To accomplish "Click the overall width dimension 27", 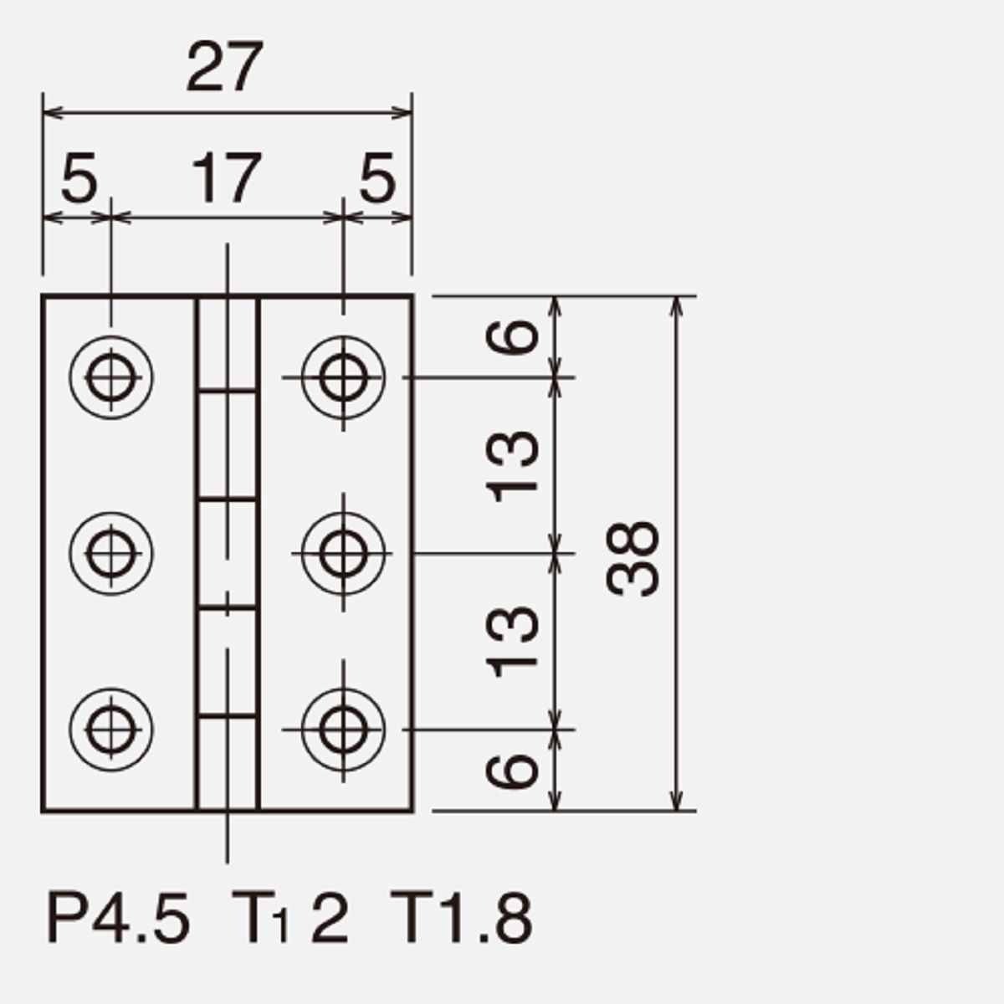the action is (224, 67).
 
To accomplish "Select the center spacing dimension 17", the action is (226, 178).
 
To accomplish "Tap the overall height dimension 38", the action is (633, 558).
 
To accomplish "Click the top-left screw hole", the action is (111, 377).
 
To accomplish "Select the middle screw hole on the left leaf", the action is (111, 553).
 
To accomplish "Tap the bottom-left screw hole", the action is (111, 730).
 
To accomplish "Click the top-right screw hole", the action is (343, 377).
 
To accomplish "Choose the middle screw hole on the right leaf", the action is (343, 553).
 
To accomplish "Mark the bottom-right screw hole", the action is (343, 730).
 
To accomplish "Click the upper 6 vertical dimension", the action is (512, 337).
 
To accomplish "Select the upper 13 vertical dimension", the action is (512, 466).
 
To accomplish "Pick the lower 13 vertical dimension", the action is (512, 642).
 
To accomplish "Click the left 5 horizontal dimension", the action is (79, 178).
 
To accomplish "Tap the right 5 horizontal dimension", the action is (377, 178).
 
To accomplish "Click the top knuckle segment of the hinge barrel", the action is (228, 344).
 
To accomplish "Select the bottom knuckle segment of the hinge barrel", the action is (228, 763).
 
